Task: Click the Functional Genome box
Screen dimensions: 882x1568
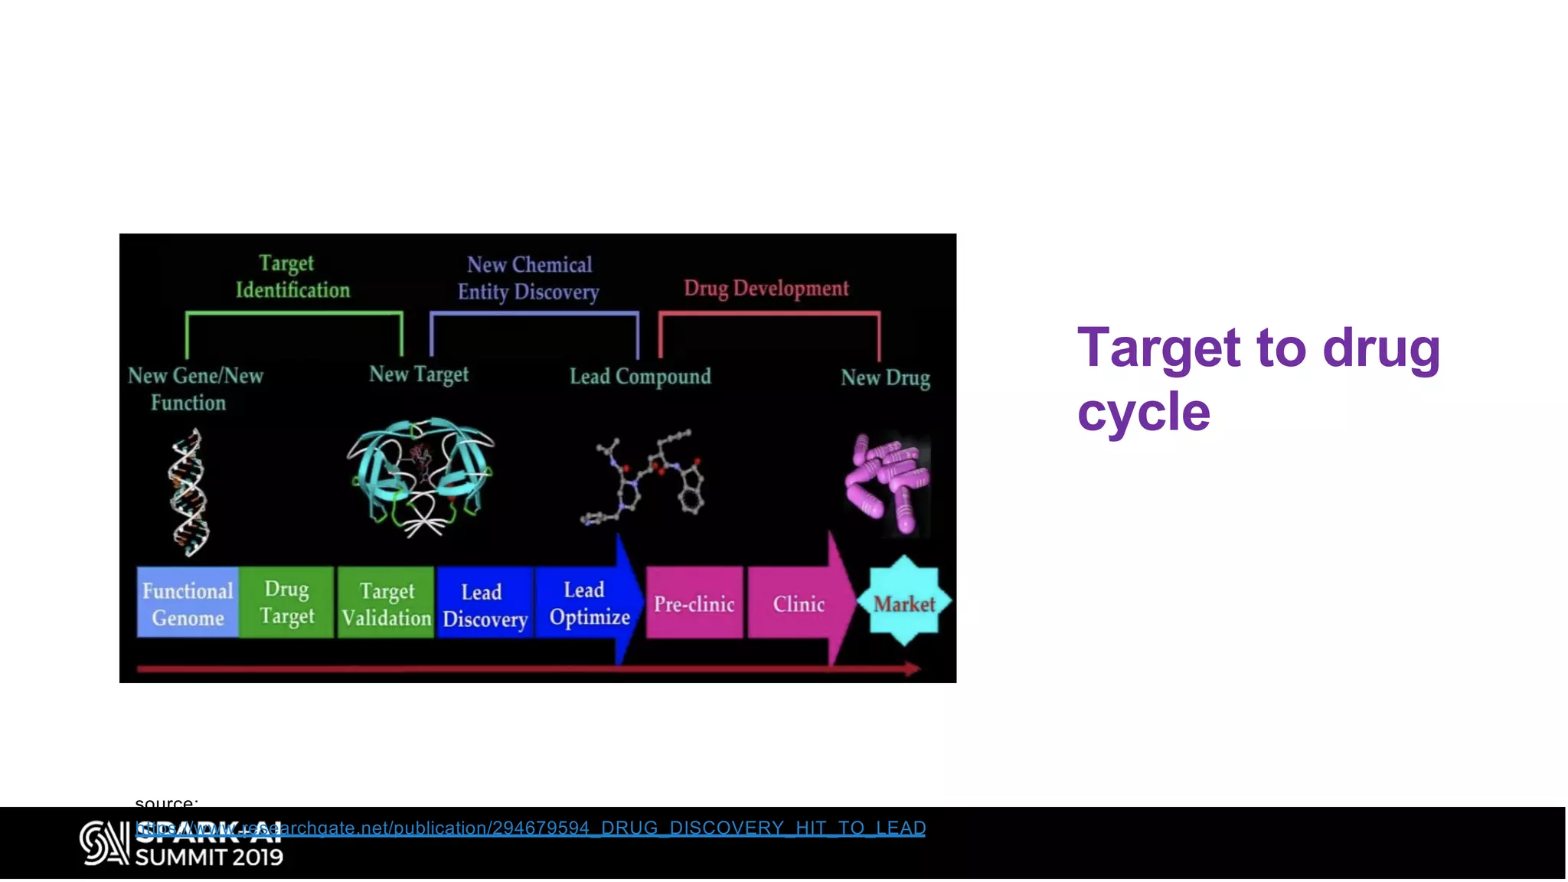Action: click(188, 603)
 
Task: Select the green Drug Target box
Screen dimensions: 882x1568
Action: click(286, 603)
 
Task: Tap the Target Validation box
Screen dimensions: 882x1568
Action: click(386, 603)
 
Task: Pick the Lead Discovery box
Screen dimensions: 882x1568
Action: click(485, 604)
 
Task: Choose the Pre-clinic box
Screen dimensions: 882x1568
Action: click(694, 603)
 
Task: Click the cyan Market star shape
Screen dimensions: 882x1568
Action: click(904, 603)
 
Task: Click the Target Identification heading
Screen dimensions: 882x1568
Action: click(292, 276)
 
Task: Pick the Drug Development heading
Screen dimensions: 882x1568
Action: click(766, 288)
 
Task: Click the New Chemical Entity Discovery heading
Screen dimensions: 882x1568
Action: click(528, 278)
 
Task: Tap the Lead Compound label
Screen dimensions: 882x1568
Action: click(640, 376)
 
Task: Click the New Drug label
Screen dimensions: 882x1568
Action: click(885, 377)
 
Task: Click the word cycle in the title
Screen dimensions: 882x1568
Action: click(1143, 412)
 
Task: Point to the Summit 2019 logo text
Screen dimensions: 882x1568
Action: click(209, 857)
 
